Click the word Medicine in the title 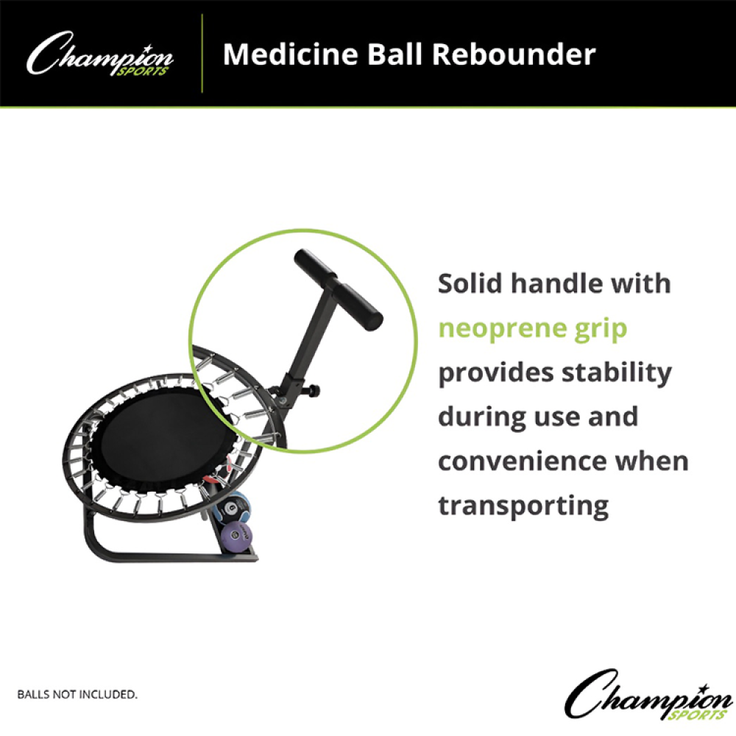(291, 54)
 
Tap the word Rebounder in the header (514, 54)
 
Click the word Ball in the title (394, 54)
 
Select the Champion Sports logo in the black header (99, 54)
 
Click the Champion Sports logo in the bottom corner (648, 694)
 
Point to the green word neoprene (500, 328)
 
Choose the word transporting (523, 507)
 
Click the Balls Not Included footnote (77, 694)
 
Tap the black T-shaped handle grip (339, 290)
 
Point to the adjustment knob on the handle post (313, 391)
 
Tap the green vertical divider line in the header (202, 54)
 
